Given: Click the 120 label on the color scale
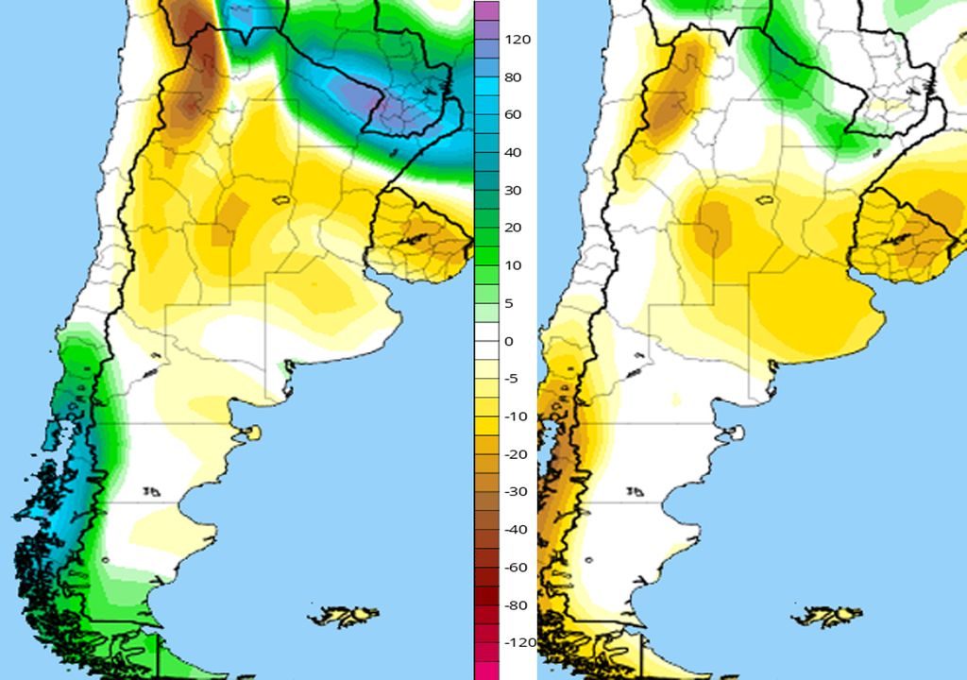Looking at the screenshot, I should pyautogui.click(x=517, y=40).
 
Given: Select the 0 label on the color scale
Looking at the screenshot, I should pyautogui.click(x=510, y=341).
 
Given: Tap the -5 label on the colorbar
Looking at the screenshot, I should pyautogui.click(x=511, y=379).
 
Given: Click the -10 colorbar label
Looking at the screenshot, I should pyautogui.click(x=515, y=416).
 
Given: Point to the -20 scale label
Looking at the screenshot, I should pyautogui.click(x=516, y=454).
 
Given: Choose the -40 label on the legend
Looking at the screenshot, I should pyautogui.click(x=516, y=530).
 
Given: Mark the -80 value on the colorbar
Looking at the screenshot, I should pyautogui.click(x=516, y=604).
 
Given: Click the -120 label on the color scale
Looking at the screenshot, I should pyautogui.click(x=519, y=642).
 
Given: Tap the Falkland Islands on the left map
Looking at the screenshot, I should pyautogui.click(x=346, y=616).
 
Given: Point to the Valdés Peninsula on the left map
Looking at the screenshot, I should pyautogui.click(x=249, y=433).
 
